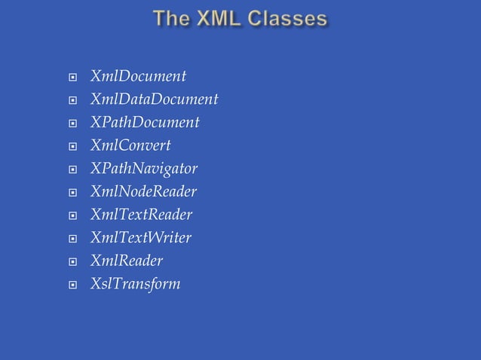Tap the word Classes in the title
point(290,19)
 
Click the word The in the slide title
point(173,19)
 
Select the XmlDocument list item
point(138,76)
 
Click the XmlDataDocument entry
point(154,99)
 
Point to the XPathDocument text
point(145,122)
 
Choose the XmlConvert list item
point(130,145)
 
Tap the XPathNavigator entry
point(144,169)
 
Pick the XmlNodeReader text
point(143,191)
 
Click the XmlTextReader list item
point(141,215)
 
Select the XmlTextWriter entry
point(140,238)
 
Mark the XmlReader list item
point(126,261)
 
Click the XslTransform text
point(135,284)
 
